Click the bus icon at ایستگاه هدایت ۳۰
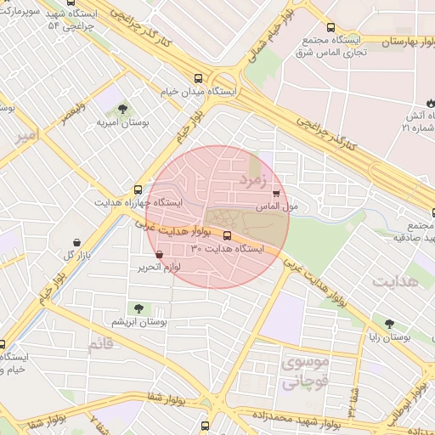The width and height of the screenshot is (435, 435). tap(227, 235)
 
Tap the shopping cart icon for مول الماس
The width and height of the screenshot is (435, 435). tap(276, 194)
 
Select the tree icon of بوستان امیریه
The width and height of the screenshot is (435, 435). tap(124, 109)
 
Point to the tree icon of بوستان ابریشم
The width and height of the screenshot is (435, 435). tap(138, 308)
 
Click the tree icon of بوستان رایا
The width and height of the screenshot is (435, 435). tap(389, 324)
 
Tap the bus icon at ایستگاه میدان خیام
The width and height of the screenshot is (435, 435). tap(199, 76)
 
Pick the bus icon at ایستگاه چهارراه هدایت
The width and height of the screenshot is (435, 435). tap(138, 190)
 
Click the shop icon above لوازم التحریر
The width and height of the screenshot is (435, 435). tap(160, 253)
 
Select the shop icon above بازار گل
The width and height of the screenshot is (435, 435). tap(78, 242)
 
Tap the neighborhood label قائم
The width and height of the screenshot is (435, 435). tap(99, 344)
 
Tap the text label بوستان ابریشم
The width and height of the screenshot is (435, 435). tap(139, 322)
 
